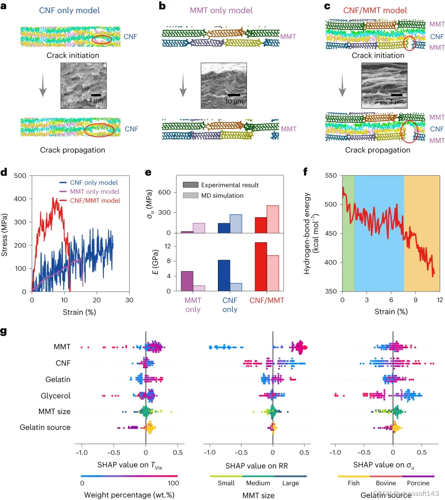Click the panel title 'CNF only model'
tap(69, 10)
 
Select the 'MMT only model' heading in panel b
tap(221, 10)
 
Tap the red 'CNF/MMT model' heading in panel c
tap(375, 10)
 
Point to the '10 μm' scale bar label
tap(234, 101)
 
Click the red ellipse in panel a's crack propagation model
tap(99, 129)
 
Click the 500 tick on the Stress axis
tap(20, 176)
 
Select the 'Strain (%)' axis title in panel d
tap(79, 312)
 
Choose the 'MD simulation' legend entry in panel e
tap(222, 196)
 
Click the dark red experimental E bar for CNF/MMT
tap(260, 266)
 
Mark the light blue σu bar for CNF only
tap(236, 223)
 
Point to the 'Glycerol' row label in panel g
tap(56, 396)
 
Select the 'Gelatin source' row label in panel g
tap(45, 427)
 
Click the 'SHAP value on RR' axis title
tap(257, 466)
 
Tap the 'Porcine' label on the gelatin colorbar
tap(418, 483)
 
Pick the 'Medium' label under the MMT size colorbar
tap(258, 483)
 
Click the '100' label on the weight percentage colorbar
tap(173, 483)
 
